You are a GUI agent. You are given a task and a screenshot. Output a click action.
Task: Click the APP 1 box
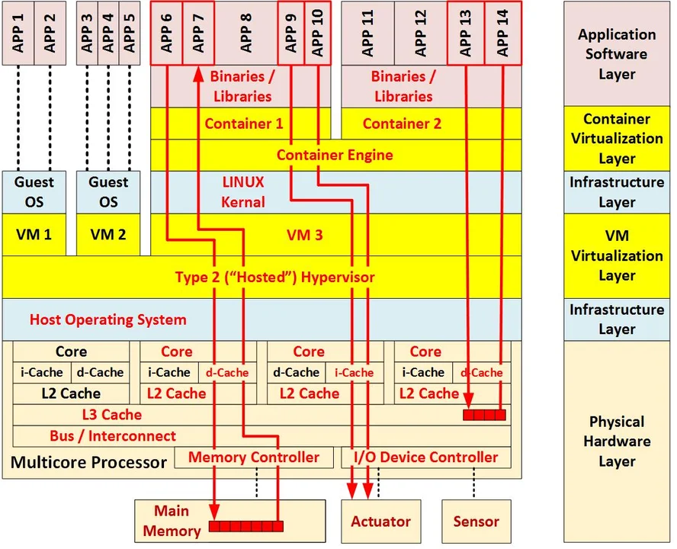pyautogui.click(x=18, y=33)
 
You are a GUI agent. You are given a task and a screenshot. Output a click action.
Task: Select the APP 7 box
pyautogui.click(x=198, y=33)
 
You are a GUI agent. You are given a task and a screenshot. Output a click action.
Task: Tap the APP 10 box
pyautogui.click(x=317, y=33)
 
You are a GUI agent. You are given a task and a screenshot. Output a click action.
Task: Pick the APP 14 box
pyautogui.click(x=503, y=33)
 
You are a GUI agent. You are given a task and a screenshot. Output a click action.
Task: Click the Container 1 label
pyautogui.click(x=244, y=124)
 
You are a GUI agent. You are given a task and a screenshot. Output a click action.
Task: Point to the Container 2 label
pyautogui.click(x=402, y=124)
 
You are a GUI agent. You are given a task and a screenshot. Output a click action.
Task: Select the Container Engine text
pyautogui.click(x=335, y=156)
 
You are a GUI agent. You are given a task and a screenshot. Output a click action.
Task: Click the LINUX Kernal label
pyautogui.click(x=243, y=192)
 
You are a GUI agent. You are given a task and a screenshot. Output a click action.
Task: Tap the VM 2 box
pyautogui.click(x=108, y=234)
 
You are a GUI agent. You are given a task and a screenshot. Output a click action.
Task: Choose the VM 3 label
pyautogui.click(x=304, y=235)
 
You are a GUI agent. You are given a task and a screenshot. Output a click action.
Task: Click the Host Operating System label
pyautogui.click(x=107, y=319)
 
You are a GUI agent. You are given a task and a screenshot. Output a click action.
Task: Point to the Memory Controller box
pyautogui.click(x=253, y=457)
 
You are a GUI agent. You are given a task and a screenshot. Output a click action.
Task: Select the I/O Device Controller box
pyautogui.click(x=425, y=457)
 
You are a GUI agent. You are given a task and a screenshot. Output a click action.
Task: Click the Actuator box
pyautogui.click(x=380, y=522)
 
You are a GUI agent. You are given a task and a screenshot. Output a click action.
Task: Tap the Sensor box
pyautogui.click(x=476, y=522)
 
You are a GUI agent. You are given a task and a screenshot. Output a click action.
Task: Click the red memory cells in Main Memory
pyautogui.click(x=246, y=526)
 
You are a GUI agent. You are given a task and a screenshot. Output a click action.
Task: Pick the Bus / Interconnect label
pyautogui.click(x=113, y=436)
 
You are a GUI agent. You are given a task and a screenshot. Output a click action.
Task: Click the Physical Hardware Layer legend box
pyautogui.click(x=617, y=441)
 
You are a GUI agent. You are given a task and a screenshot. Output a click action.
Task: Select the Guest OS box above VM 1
pyautogui.click(x=34, y=192)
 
